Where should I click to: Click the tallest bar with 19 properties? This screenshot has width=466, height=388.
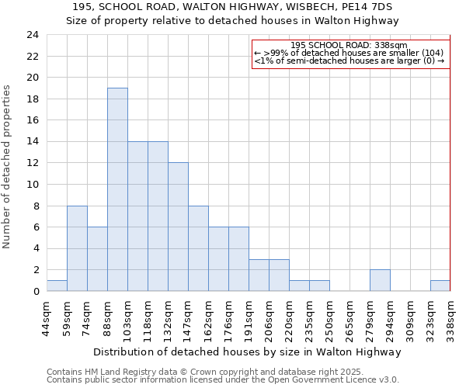(x=117, y=189)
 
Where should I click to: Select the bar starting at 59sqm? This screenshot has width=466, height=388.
(x=77, y=248)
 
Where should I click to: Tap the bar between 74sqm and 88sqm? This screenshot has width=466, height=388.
(x=97, y=259)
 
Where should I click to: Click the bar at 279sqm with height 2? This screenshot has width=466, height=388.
(x=380, y=280)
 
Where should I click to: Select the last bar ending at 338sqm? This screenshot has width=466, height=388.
(x=440, y=286)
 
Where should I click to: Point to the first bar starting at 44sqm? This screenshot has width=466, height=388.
(x=57, y=286)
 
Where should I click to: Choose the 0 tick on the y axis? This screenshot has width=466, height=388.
(x=35, y=291)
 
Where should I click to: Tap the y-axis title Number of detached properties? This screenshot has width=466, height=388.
(x=8, y=167)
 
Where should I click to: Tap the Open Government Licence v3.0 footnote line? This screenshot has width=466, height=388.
(x=223, y=379)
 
